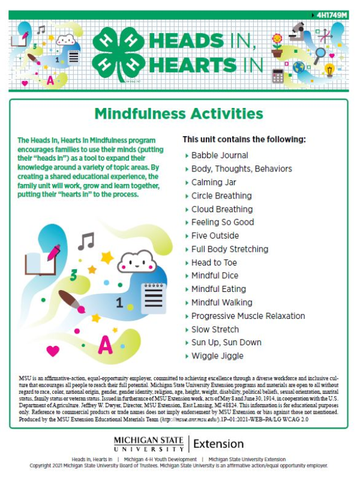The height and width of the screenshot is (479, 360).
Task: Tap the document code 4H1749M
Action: pos(331,14)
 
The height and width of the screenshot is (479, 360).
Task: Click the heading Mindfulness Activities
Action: pos(179,113)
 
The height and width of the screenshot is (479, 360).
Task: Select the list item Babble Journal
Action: pos(219,155)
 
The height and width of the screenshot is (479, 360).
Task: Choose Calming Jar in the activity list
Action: pos(214,182)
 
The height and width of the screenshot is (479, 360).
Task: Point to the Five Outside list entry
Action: pos(215,236)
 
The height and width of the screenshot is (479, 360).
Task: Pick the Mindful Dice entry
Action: pos(214,276)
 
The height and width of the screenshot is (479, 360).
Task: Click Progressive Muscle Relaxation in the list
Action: pos(248,316)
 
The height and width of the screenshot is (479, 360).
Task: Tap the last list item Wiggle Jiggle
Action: pos(217,356)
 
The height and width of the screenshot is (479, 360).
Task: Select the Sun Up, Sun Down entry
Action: pos(226,342)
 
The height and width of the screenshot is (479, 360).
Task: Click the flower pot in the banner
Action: pos(277,46)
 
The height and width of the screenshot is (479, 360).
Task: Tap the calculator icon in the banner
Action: pos(278,76)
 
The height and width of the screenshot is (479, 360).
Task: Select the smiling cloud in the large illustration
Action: pos(136,260)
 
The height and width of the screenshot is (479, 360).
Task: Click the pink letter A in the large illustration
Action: pos(106,345)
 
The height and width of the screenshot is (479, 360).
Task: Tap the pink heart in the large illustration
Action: pos(53,350)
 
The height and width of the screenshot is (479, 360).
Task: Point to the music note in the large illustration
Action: pos(86,241)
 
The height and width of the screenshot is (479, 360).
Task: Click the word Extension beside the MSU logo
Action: pos(219,444)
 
